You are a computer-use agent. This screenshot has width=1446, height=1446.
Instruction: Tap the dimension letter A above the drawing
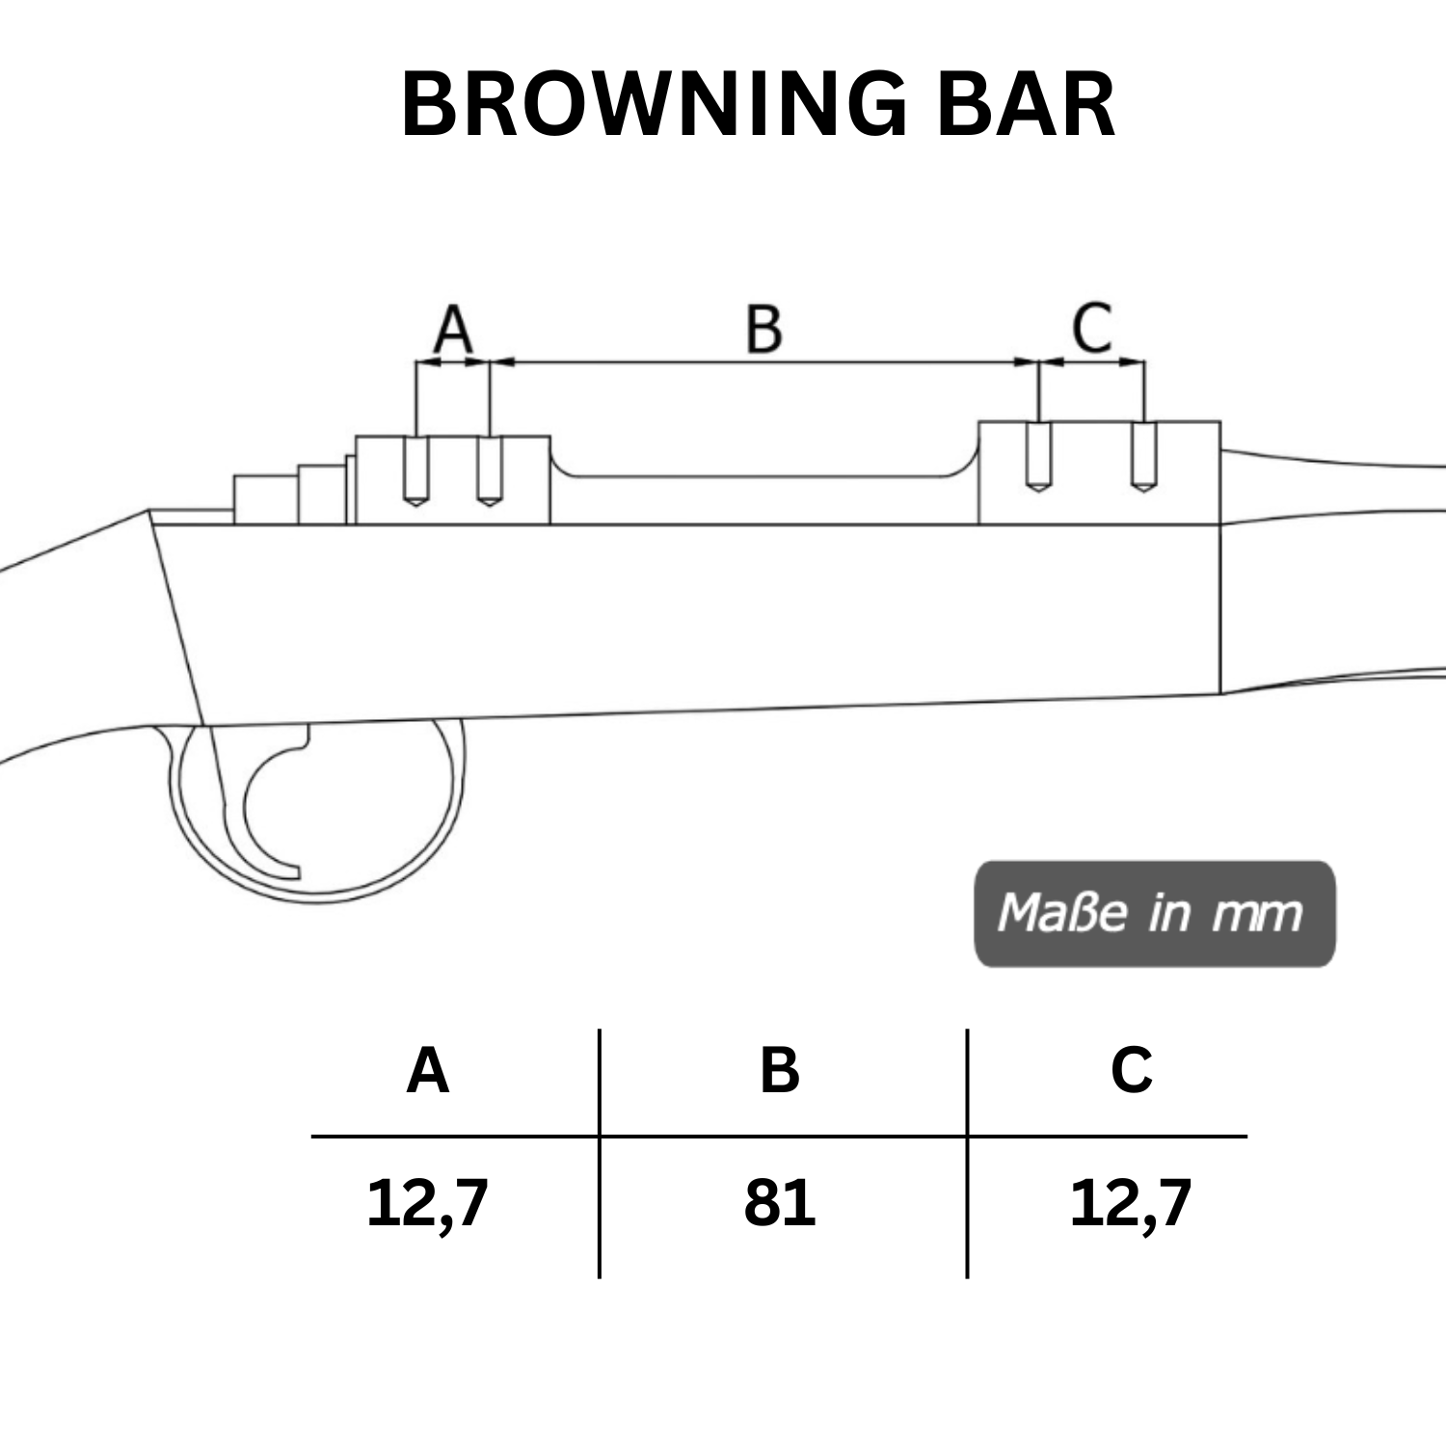453,329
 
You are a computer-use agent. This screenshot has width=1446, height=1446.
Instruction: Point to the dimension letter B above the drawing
763,329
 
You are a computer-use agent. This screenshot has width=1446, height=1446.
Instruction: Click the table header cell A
428,1071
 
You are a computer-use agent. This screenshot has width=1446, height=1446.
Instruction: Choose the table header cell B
780,1071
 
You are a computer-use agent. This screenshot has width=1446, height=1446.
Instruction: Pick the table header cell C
1132,1071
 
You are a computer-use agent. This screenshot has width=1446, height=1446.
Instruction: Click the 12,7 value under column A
428,1203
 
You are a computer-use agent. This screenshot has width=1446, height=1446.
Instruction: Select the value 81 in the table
780,1203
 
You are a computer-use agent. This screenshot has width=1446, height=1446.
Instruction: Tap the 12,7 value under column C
1132,1203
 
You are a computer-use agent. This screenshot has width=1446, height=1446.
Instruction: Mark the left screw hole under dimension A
415,471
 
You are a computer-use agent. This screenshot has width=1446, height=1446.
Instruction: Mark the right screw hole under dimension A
490,471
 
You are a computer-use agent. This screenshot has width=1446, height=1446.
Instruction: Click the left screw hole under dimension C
1038,457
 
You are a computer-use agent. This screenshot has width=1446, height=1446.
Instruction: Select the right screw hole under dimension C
1143,457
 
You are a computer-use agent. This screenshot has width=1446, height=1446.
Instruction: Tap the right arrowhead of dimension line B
1027,362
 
